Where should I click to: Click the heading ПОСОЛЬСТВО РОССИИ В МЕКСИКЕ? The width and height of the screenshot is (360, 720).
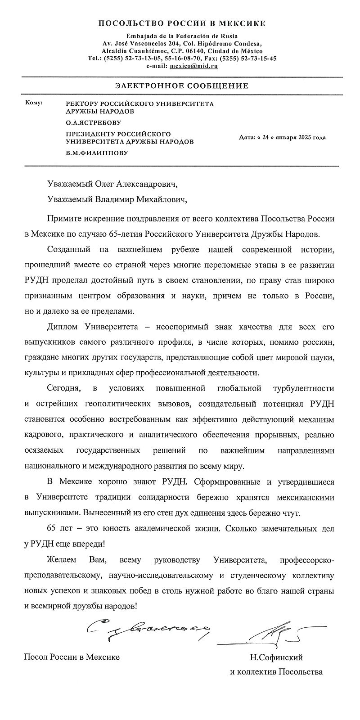(181, 23)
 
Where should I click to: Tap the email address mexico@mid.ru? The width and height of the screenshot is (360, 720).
(194, 66)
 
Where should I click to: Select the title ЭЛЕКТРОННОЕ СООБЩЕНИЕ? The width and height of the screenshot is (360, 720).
(181, 85)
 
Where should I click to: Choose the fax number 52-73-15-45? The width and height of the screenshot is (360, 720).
(258, 58)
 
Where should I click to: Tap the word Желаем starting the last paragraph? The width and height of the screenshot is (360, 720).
(62, 560)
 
